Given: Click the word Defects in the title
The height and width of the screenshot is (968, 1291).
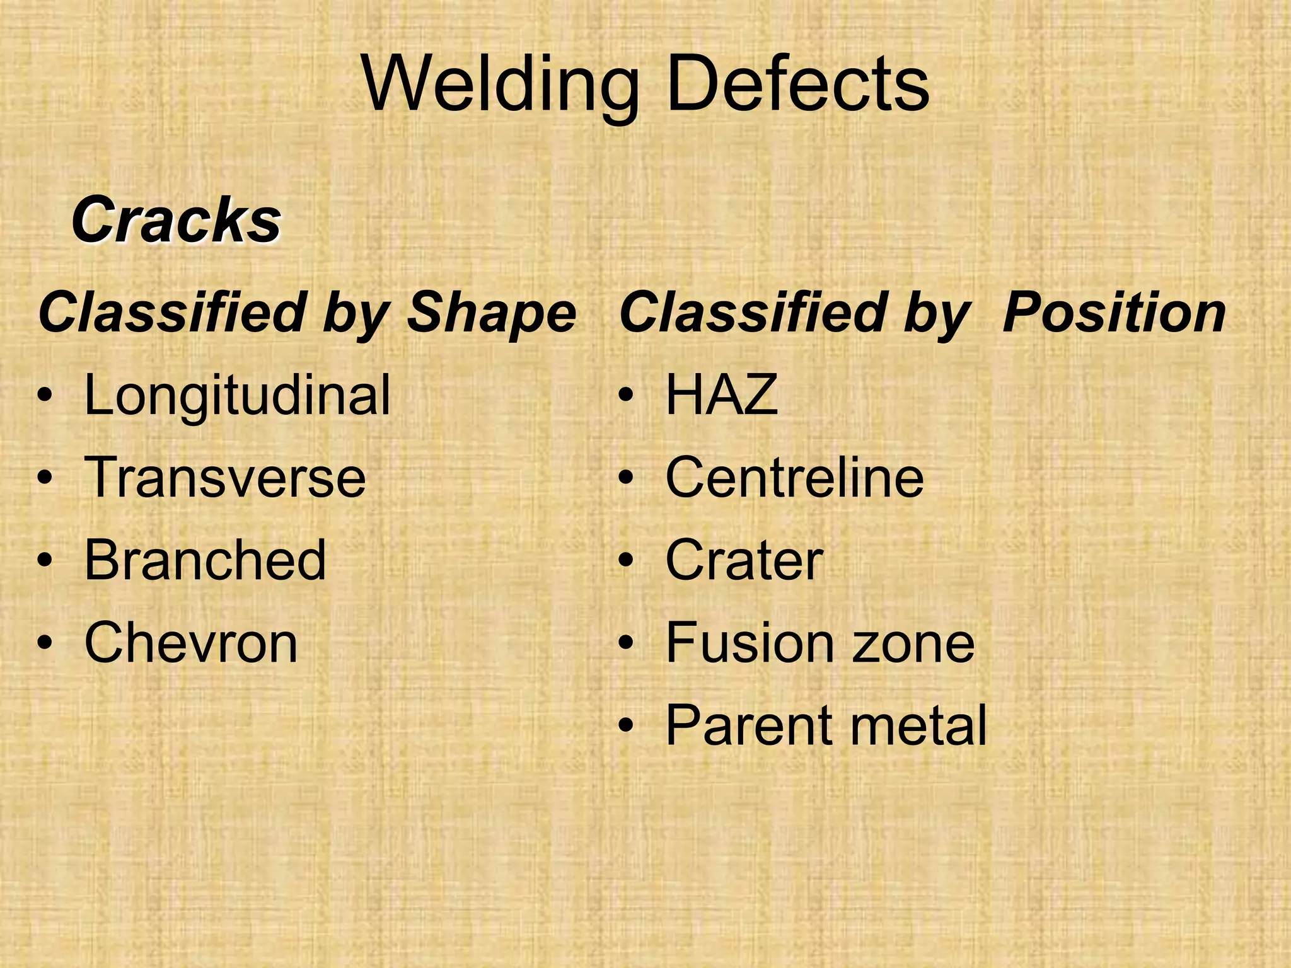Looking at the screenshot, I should coord(797,84).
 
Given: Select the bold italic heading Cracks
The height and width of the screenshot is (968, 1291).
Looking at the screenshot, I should coord(176,220).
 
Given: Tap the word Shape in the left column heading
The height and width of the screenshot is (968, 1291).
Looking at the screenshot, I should coord(492,313).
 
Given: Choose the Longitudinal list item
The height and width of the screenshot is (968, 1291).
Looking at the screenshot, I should coord(237,396).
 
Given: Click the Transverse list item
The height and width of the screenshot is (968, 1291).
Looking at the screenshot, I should coord(224,478).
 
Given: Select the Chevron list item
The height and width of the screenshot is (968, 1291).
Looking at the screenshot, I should coord(190,643).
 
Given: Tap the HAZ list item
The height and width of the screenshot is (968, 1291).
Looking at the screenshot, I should coord(721,395).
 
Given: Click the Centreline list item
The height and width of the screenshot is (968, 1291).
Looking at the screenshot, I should coord(794,478).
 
